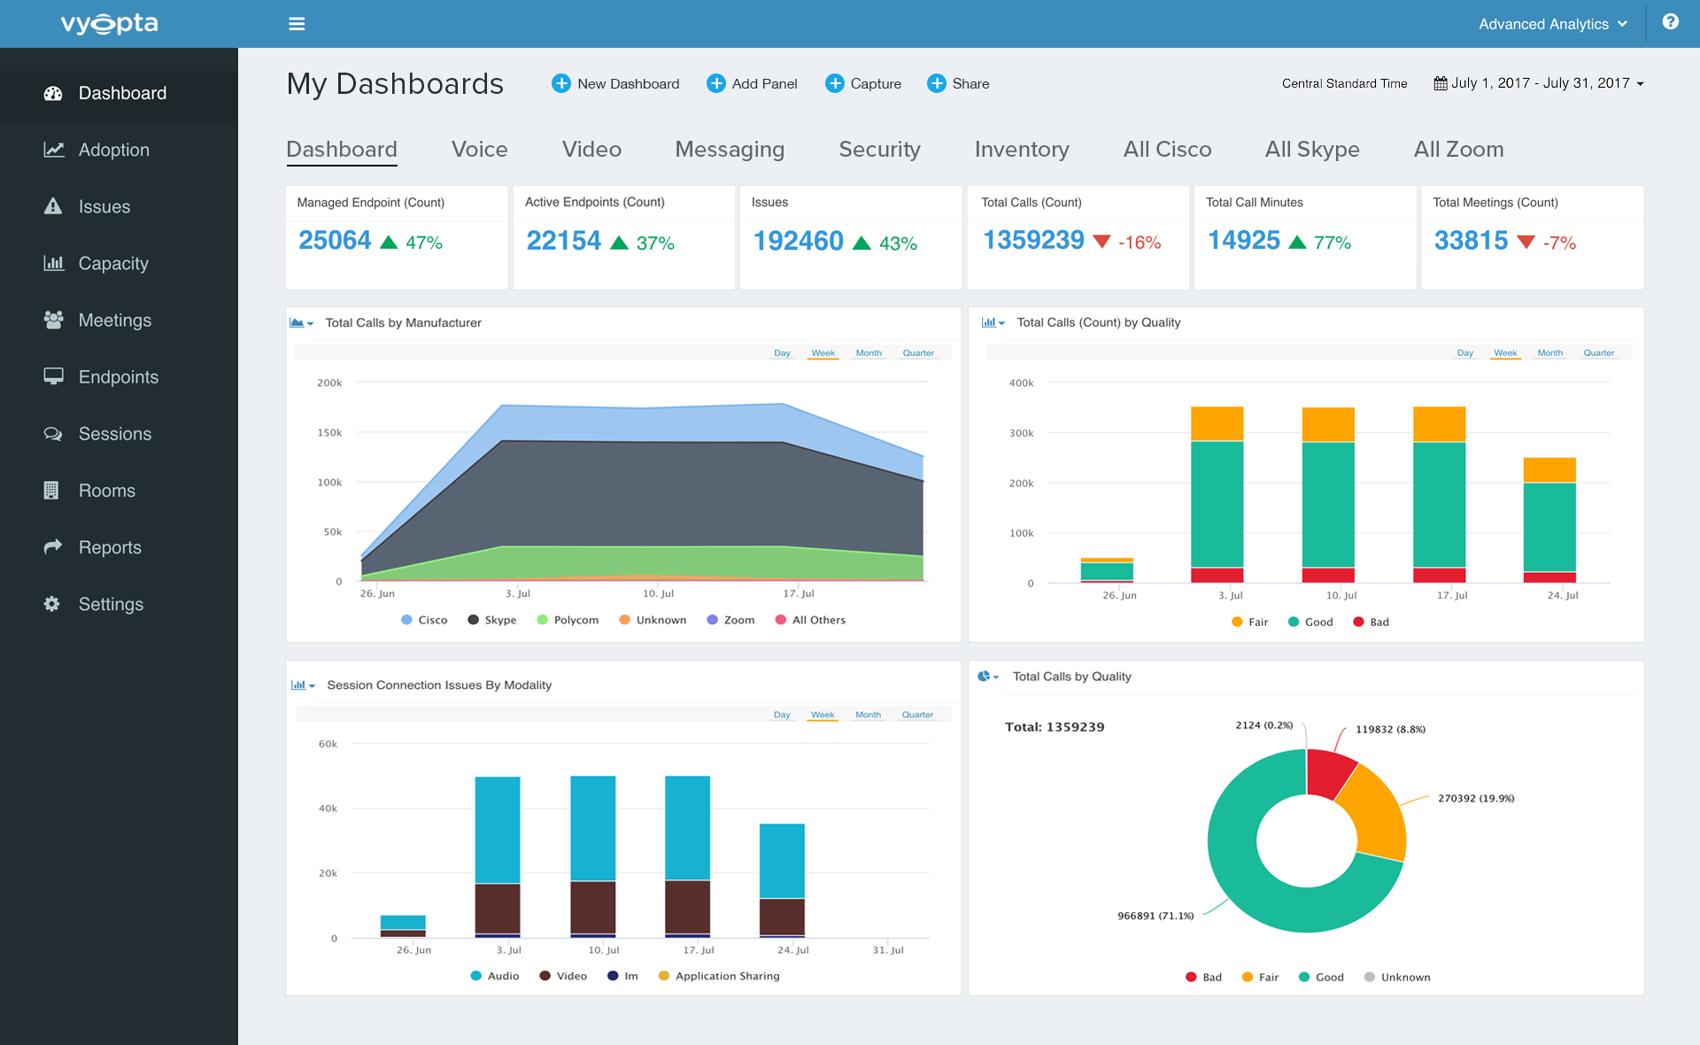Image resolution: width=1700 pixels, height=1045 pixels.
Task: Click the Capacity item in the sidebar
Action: [x=112, y=263]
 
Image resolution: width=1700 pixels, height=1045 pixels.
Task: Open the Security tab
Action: [x=878, y=149]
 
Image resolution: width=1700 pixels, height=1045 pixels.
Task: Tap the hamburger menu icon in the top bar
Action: [x=297, y=24]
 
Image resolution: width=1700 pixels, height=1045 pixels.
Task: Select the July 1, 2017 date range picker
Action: [x=1539, y=83]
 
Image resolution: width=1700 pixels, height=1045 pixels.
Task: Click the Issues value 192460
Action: [x=798, y=241]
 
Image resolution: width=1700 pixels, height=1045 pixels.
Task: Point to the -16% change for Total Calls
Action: [x=1139, y=242]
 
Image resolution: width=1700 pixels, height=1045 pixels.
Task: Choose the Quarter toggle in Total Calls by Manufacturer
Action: [x=917, y=352]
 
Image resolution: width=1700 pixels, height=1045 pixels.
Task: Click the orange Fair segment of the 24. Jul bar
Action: [x=1549, y=469]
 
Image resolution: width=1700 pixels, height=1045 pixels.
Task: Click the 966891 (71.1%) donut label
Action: [x=1155, y=916]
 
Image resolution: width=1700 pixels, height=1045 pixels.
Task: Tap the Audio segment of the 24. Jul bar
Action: [x=782, y=860]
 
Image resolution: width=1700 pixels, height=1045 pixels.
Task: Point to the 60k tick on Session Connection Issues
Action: [x=328, y=744]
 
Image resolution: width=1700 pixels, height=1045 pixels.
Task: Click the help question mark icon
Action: [x=1670, y=22]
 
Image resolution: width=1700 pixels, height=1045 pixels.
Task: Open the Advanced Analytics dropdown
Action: [x=1552, y=24]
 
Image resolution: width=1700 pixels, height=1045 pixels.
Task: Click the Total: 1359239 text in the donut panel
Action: [x=1054, y=727]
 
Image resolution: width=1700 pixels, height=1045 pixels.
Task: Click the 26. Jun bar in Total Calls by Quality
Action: [x=1107, y=570]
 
